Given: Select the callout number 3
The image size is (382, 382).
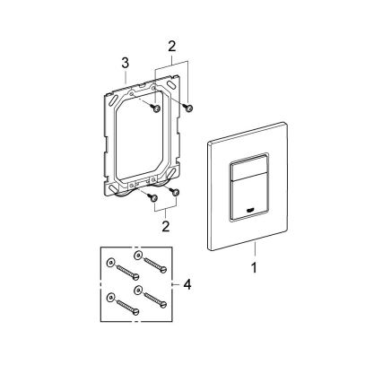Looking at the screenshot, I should click(x=126, y=62).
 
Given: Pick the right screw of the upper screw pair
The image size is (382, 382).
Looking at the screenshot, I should click(x=189, y=108).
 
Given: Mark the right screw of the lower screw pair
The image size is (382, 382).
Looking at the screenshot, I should click(x=176, y=191).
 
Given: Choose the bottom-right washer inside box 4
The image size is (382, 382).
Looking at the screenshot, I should click(x=138, y=291).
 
